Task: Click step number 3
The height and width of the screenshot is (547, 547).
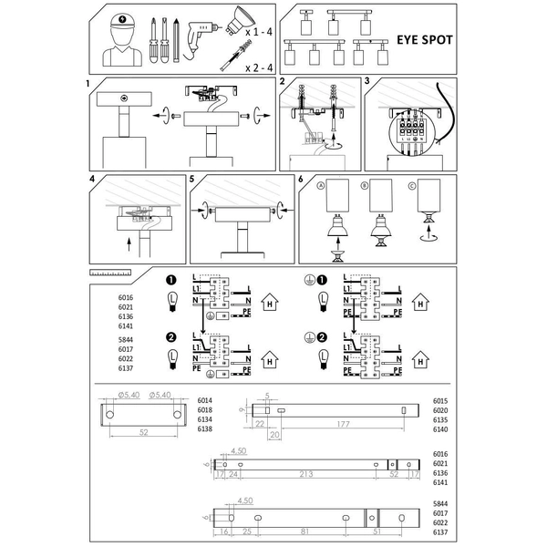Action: click(x=366, y=82)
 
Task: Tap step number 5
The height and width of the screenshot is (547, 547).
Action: click(x=192, y=180)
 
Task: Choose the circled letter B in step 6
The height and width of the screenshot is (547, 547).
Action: click(x=366, y=186)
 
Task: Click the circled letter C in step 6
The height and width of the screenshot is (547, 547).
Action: click(x=412, y=186)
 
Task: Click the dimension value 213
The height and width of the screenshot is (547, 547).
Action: click(x=306, y=474)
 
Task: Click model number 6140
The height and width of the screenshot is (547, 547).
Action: click(x=440, y=428)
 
